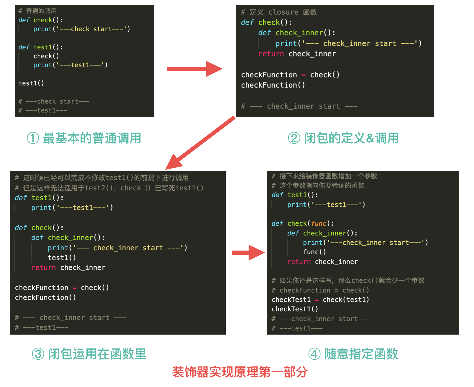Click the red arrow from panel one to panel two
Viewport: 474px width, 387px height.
pos(194,69)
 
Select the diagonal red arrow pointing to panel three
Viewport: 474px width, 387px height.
pos(200,143)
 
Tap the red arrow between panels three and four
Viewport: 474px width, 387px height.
pos(248,253)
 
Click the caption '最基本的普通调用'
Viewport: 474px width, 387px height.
pos(92,138)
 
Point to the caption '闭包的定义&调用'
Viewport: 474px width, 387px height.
pos(351,138)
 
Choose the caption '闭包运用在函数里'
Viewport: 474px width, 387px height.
pos(97,354)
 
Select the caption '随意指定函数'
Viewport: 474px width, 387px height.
pos(361,354)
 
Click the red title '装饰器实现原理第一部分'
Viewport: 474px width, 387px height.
pos(240,372)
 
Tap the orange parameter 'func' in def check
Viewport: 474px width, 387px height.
pos(319,224)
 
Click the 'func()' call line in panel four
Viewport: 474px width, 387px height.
pos(314,252)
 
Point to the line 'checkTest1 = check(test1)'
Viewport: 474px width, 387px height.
pos(320,300)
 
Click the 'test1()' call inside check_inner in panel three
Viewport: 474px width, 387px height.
pos(62,258)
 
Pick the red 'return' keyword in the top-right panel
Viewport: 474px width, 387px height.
pos(271,54)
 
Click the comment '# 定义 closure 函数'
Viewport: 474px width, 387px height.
pos(279,12)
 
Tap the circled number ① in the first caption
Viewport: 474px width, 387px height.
pos(33,138)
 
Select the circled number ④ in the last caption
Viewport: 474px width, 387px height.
pos(314,354)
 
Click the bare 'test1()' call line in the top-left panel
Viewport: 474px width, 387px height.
pos(31,83)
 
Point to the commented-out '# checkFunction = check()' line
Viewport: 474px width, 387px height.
pos(320,290)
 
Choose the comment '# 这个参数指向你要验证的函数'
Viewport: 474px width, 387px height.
pos(318,186)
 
